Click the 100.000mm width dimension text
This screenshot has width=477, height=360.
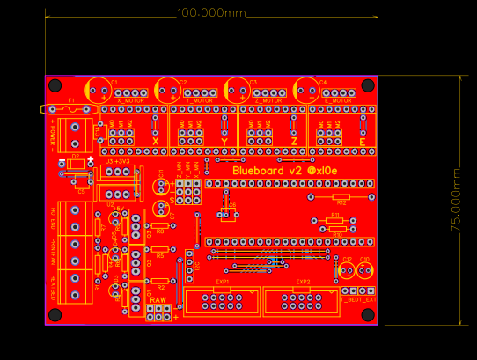211,13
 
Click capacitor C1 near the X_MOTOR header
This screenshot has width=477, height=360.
98,89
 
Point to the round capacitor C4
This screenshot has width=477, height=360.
307,89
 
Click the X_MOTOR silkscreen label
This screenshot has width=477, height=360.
130,100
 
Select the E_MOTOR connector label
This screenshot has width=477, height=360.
338,100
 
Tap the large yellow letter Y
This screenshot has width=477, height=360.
224,142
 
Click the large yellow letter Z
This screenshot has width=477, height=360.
293,142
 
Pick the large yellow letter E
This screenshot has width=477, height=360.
362,142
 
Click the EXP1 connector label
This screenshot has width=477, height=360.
223,283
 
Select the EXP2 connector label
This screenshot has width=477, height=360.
302,283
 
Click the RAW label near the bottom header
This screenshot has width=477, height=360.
158,301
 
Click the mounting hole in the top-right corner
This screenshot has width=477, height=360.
367,85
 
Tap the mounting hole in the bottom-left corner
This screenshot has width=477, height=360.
55,314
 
